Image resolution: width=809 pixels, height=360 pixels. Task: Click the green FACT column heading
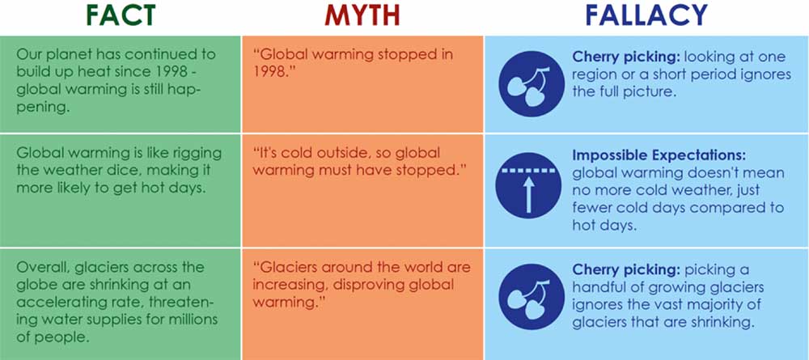(x=120, y=16)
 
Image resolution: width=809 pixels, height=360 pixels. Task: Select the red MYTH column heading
(x=362, y=16)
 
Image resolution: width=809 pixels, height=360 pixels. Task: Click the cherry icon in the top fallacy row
(x=532, y=83)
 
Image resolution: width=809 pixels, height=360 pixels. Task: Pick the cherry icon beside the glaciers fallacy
(x=532, y=297)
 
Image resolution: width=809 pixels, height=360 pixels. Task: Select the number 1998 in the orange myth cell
(x=270, y=72)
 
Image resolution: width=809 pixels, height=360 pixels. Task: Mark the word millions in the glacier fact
(x=189, y=320)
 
